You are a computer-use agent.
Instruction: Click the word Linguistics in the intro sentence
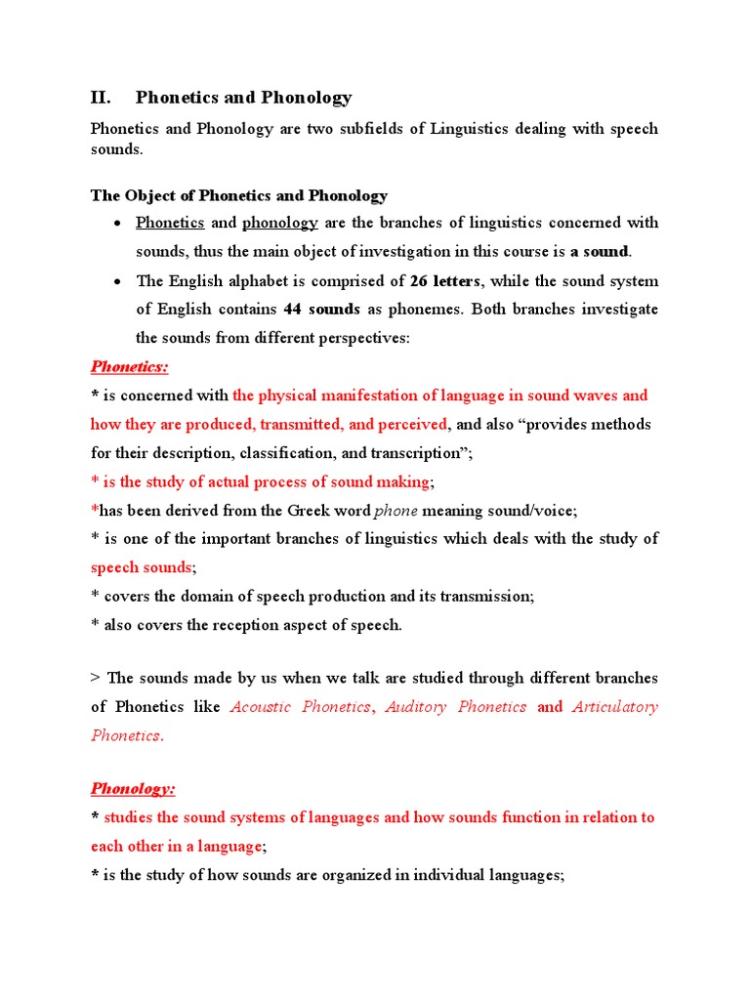467,129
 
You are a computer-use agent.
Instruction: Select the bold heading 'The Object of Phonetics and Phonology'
239,195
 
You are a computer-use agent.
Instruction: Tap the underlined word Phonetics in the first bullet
170,223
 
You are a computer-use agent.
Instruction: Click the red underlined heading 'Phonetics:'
130,367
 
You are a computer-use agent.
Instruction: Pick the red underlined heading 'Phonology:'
133,788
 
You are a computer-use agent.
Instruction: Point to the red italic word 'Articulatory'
615,707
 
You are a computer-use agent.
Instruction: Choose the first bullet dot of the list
116,224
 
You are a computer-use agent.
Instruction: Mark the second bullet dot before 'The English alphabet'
116,282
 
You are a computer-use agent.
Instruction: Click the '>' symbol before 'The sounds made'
96,678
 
